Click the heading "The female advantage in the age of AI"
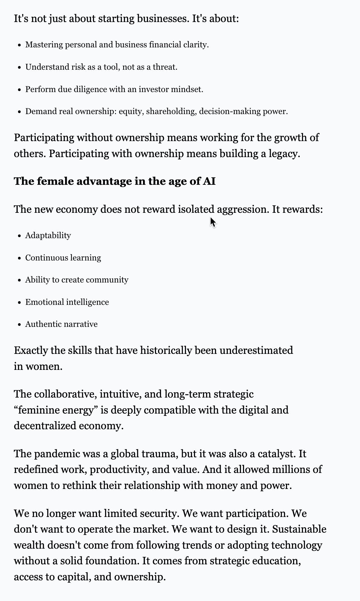(x=115, y=181)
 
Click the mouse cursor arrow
(x=213, y=222)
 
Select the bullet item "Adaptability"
(x=48, y=235)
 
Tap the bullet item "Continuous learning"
(x=63, y=258)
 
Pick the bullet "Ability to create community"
(x=77, y=280)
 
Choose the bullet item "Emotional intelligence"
(x=67, y=302)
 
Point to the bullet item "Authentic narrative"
(x=61, y=324)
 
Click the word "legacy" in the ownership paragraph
(x=283, y=154)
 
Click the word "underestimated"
(x=256, y=351)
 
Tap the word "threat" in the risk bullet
(x=164, y=67)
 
